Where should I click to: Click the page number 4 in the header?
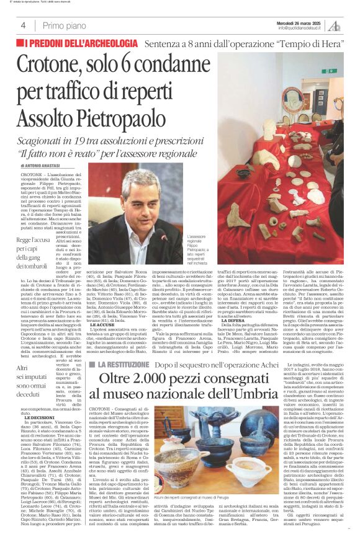[x=23, y=25]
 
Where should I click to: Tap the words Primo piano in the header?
[x=62, y=25]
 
